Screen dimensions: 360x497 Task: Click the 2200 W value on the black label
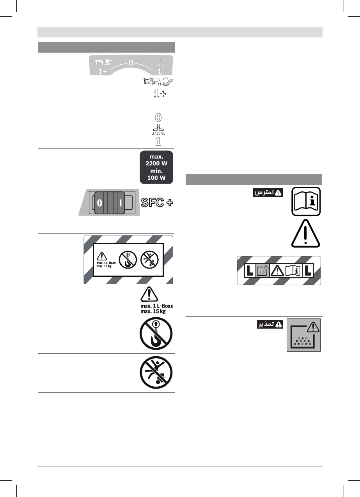(156, 163)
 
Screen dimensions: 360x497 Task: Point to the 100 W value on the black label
(156, 178)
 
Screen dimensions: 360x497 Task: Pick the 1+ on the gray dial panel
(103, 72)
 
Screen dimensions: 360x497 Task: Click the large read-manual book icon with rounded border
(306, 201)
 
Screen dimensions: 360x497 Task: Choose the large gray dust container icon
(304, 335)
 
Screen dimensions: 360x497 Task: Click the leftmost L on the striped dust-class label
(249, 271)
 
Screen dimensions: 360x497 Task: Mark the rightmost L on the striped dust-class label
(308, 271)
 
